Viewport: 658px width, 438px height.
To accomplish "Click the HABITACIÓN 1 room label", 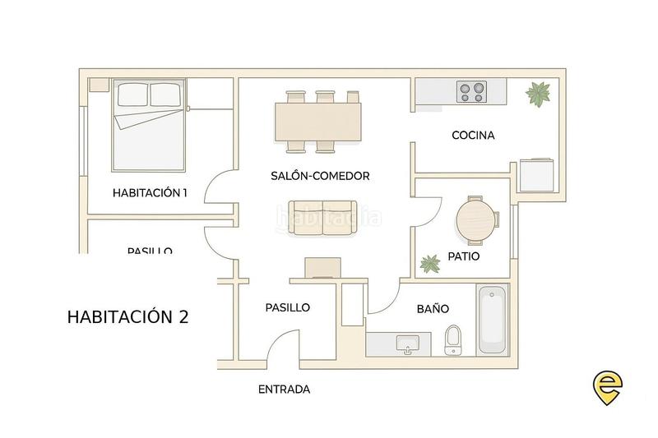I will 150,193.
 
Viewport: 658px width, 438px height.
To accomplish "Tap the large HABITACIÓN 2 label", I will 127,316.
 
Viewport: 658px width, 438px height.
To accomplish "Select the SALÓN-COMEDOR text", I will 320,176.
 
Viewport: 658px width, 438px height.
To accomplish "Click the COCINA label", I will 473,135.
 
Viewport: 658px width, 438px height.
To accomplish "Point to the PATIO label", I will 464,256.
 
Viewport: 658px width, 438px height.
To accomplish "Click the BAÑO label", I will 433,309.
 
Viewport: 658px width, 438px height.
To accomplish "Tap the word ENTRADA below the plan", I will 284,390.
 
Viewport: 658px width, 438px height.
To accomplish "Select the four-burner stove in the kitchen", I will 471,91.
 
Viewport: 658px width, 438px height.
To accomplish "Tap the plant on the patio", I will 429,264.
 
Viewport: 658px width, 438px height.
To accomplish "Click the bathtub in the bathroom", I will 492,319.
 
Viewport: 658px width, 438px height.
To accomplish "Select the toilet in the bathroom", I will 452,340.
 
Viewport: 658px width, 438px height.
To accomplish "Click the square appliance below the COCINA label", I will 538,175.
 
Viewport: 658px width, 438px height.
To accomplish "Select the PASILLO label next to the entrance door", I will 287,307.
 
